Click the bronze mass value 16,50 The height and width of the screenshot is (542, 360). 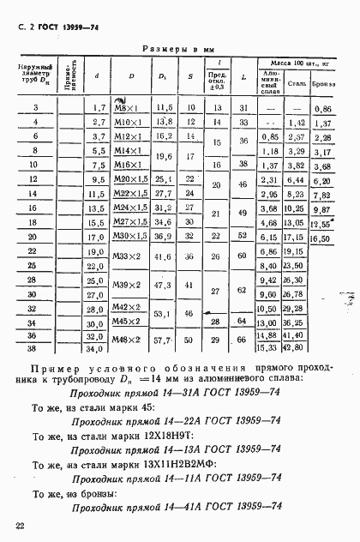(x=322, y=237)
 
